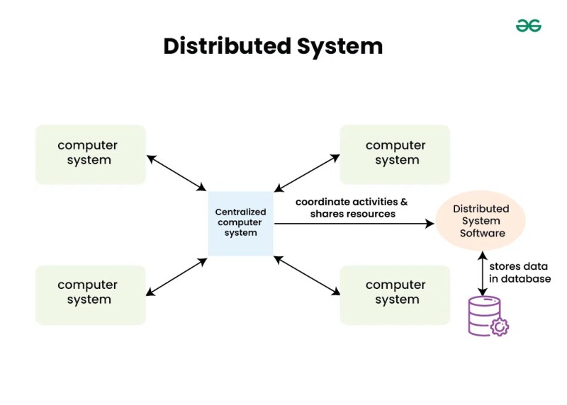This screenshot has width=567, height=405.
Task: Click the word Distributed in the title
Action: pos(227,46)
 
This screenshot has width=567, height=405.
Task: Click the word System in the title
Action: pos(339,47)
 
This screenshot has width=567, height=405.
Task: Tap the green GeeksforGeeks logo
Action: pos(528,25)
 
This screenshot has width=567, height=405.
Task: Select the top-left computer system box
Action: pos(91,154)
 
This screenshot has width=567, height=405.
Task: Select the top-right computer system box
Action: pos(395,154)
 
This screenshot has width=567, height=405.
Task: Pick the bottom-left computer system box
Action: pos(91,295)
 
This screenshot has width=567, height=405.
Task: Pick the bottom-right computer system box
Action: pos(395,295)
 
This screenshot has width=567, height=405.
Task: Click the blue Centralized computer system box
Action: pos(240,224)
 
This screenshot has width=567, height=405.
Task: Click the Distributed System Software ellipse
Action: pos(481,221)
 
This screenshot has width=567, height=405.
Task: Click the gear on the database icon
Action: pos(500,326)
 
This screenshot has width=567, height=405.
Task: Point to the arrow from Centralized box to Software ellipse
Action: pos(354,224)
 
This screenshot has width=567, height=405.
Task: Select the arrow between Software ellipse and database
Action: pos(483,273)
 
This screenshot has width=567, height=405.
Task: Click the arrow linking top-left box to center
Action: pos(176,173)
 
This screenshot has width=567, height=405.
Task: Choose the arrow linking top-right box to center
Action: pos(307,173)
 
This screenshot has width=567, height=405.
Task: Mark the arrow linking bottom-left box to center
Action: pos(176,277)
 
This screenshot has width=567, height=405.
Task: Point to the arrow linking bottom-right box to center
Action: pos(307,275)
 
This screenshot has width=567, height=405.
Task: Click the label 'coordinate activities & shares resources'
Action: pos(352,207)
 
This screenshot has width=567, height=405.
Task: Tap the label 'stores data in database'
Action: pos(520,273)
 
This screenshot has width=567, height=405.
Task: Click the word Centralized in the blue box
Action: pos(240,212)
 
